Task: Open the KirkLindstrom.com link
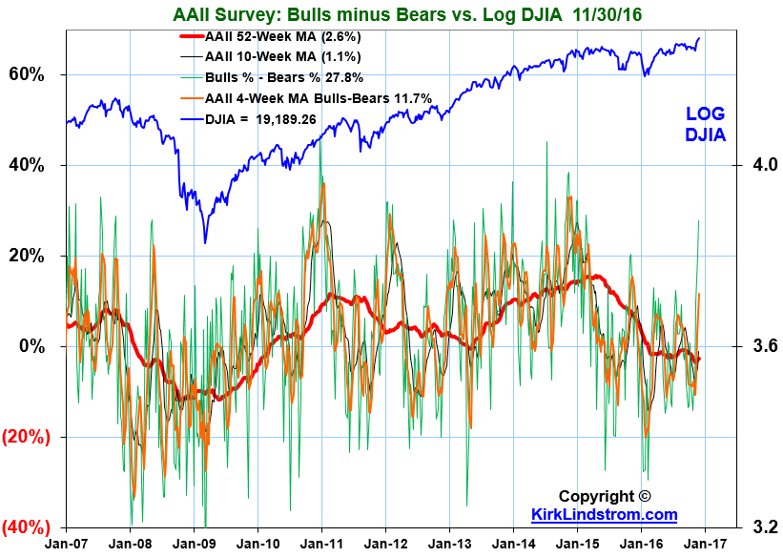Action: pyautogui.click(x=604, y=515)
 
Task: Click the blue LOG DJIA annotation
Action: pyautogui.click(x=706, y=124)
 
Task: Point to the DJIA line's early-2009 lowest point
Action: pyautogui.click(x=204, y=242)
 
